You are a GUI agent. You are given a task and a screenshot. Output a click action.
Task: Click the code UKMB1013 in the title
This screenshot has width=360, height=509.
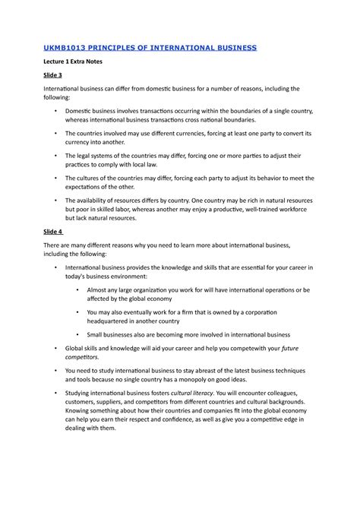pyautogui.click(x=73, y=47)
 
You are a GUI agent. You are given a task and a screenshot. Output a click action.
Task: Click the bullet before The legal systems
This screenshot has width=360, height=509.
pyautogui.click(x=57, y=155)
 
